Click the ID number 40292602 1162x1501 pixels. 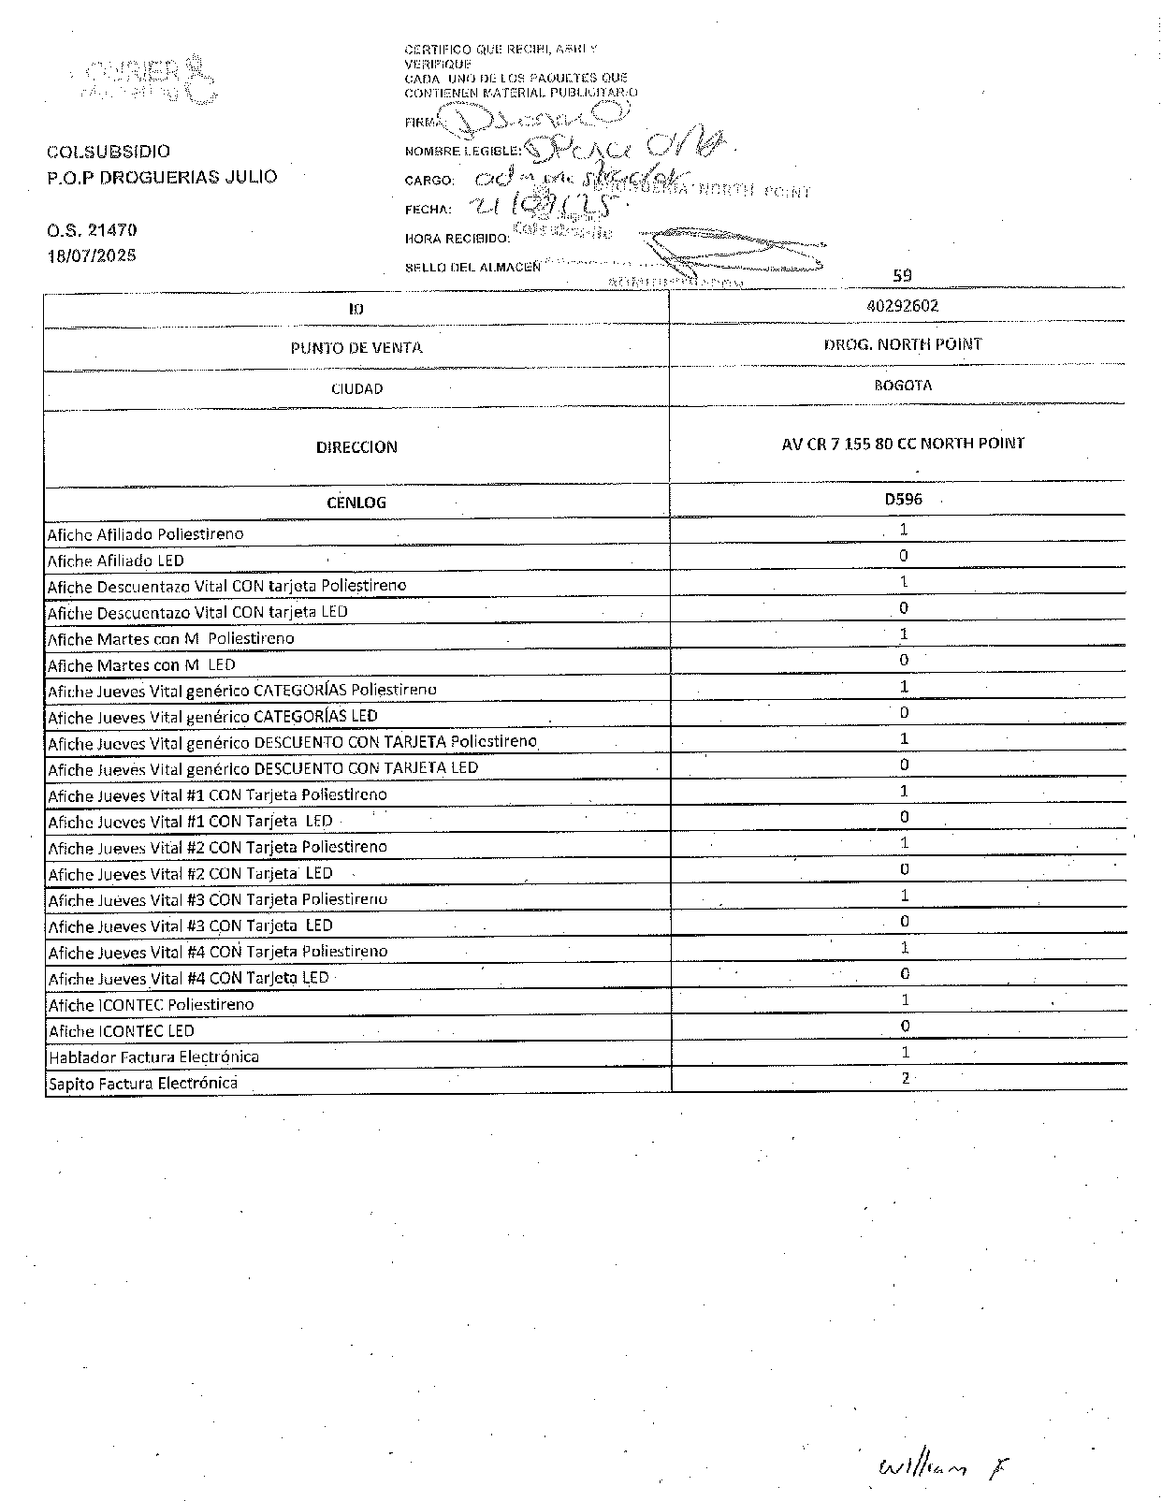click(x=902, y=306)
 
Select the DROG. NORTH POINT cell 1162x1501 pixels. click(x=902, y=344)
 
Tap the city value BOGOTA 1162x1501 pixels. click(x=902, y=385)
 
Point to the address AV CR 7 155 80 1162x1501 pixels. click(x=902, y=444)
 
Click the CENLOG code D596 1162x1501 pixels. click(x=903, y=500)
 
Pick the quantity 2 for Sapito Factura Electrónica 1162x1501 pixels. click(x=905, y=1078)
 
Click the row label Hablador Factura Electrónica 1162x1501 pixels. click(x=153, y=1057)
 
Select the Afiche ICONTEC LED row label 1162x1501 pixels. click(x=121, y=1030)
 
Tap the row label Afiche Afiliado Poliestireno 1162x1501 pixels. click(x=145, y=534)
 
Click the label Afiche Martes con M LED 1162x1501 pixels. click(x=141, y=664)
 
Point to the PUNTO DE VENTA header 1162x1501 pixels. click(x=356, y=348)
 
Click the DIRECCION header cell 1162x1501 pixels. click(x=356, y=447)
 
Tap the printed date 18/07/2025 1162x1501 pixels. click(x=92, y=255)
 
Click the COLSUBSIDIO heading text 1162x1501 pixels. click(x=109, y=152)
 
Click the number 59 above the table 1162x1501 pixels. click(x=902, y=275)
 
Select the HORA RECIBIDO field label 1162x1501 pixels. click(x=457, y=239)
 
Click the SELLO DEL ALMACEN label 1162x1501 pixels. click(x=472, y=268)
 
